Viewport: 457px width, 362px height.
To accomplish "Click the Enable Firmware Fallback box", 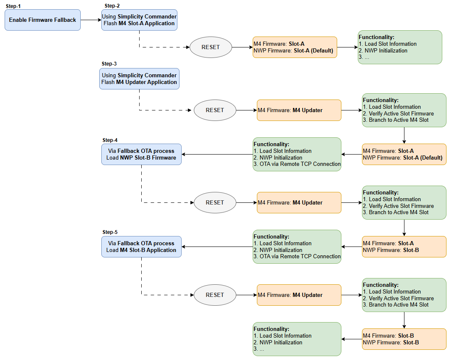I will coord(42,20).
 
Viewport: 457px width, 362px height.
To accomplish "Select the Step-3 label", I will coord(109,64).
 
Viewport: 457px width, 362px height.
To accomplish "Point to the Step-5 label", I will coord(110,232).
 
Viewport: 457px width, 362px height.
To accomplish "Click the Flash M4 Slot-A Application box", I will coord(139,20).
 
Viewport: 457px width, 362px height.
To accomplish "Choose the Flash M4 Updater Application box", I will coord(139,79).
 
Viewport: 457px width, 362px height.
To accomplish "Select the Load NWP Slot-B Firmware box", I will coord(141,154).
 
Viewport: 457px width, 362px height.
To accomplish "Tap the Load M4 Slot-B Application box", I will coord(141,247).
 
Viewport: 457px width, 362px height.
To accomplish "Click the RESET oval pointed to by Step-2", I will coord(211,47).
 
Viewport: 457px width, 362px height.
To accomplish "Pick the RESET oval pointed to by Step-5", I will coord(215,295).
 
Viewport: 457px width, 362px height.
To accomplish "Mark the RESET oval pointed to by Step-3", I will coord(215,110).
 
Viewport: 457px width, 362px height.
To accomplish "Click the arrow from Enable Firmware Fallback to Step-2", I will coord(90,20).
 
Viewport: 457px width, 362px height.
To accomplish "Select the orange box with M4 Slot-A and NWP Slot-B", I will coord(404,247).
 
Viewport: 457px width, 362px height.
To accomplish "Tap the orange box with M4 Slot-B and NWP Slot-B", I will coord(404,339).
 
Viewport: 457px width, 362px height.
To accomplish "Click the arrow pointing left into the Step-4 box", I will coord(217,154).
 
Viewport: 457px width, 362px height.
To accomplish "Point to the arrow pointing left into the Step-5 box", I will coord(217,247).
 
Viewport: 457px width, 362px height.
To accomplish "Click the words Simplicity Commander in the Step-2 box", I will coord(147,16).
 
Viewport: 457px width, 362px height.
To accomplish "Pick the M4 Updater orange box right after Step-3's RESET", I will coord(299,110).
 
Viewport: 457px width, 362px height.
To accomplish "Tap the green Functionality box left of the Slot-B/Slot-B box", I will coord(297,339).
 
